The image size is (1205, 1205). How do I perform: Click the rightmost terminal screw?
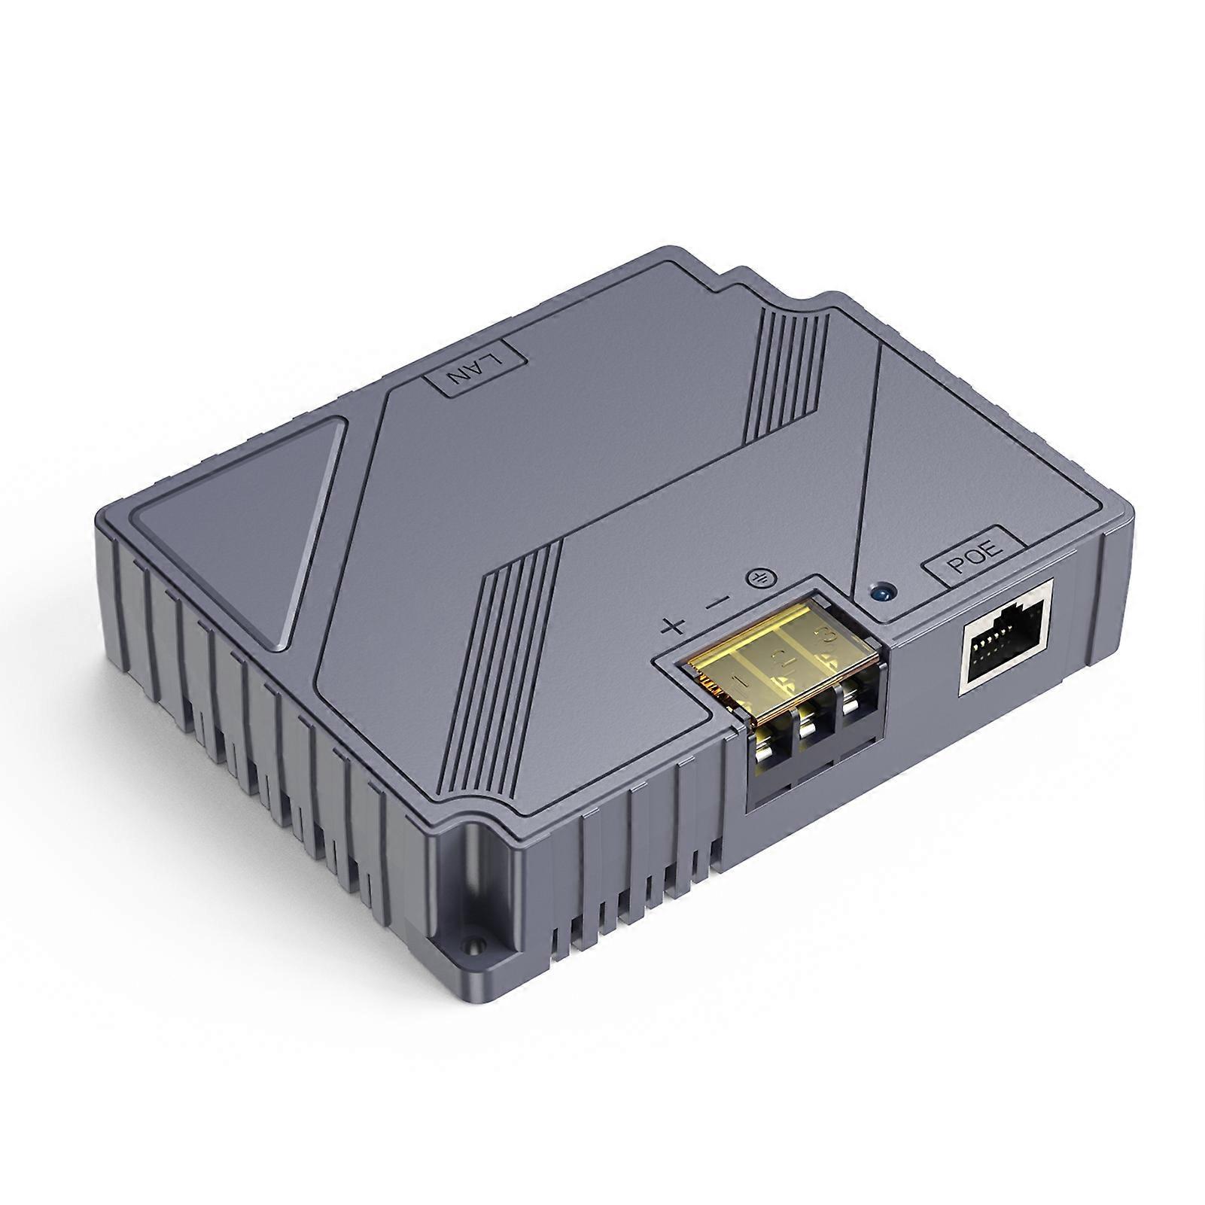(x=850, y=704)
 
